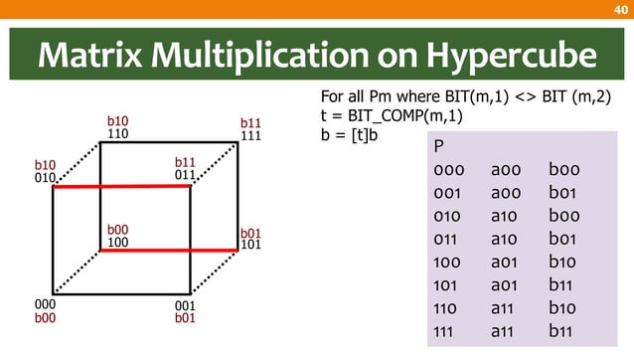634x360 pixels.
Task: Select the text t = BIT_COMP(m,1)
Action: pos(379,116)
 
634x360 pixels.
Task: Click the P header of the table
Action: pos(439,147)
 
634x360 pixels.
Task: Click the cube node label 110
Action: pos(117,133)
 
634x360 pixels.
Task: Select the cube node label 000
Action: pos(45,305)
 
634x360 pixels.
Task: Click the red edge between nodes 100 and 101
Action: pos(169,251)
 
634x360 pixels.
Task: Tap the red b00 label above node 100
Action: pos(117,229)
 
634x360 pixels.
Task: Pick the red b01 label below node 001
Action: pos(185,318)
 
